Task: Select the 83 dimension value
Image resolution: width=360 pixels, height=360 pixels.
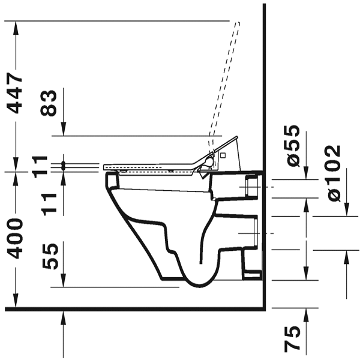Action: [x=50, y=103]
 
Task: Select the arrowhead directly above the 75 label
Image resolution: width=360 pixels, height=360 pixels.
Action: [x=307, y=313]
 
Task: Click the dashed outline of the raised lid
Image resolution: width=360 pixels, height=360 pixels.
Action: [x=225, y=78]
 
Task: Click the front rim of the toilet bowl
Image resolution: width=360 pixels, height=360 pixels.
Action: [x=110, y=181]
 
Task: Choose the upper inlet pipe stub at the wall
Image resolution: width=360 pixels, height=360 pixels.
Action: [x=252, y=188]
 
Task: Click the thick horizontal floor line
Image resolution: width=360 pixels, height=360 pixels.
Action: [x=132, y=310]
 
